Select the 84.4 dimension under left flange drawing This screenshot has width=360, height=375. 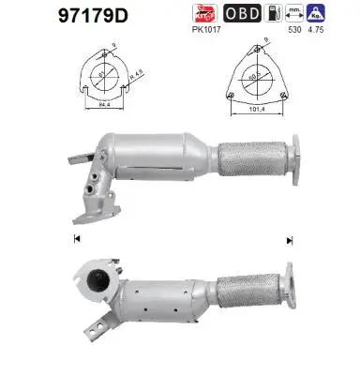(103, 106)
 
